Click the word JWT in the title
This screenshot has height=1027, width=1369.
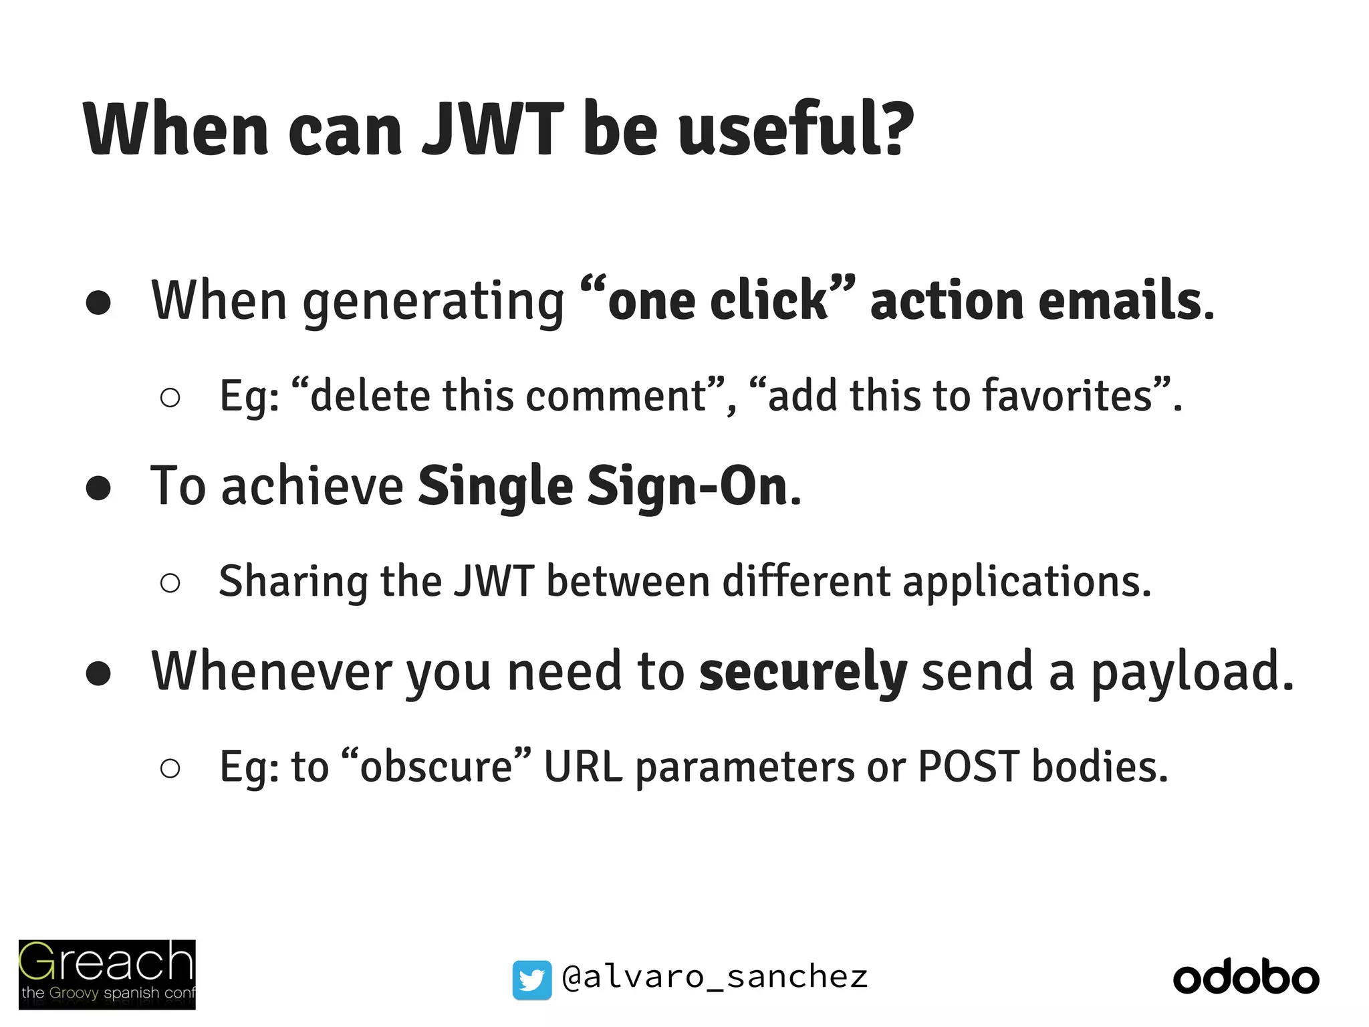point(493,128)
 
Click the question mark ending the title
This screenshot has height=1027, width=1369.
point(892,128)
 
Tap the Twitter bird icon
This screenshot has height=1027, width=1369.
point(532,980)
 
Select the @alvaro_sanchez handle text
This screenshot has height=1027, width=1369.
point(715,978)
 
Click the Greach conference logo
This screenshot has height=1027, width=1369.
point(107,974)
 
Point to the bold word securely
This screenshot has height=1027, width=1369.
point(803,671)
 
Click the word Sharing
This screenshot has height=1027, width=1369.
point(293,581)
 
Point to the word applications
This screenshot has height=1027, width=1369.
point(1026,581)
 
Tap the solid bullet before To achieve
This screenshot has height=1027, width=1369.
point(98,487)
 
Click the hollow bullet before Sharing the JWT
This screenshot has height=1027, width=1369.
point(170,583)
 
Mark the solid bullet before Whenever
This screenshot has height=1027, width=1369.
point(98,673)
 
